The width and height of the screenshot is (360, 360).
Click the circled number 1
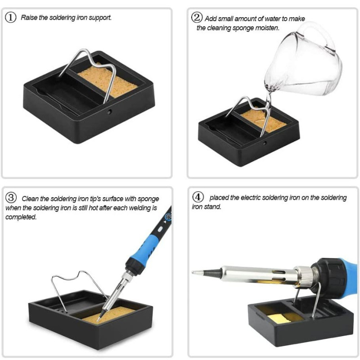10,18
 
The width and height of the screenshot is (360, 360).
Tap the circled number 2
197,18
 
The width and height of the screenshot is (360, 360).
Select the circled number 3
11,198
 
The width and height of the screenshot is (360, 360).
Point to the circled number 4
198,197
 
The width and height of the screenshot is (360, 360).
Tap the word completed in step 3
21,217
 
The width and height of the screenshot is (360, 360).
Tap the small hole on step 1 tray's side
109,112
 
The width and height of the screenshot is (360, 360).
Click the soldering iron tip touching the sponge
100,317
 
